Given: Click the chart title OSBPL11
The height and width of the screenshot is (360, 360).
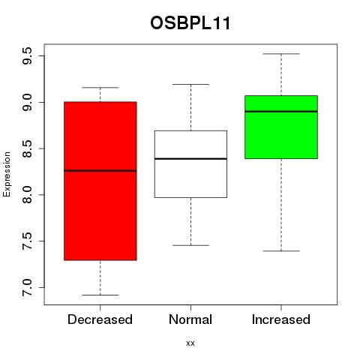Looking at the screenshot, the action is point(190,23).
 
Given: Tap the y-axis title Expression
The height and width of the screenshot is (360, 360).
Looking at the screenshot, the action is point(7,174).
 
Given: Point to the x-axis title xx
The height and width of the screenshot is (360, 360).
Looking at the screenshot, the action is point(190,343).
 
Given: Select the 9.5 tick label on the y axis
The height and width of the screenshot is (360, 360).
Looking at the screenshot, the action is point(27,56).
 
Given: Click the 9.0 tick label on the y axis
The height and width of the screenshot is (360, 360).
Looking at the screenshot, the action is point(27,102).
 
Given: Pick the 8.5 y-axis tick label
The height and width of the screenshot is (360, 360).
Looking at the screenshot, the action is point(27,148).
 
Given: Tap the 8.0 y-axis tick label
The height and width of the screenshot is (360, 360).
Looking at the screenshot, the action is point(27,195).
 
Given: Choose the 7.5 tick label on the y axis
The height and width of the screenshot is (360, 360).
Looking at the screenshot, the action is point(27,241).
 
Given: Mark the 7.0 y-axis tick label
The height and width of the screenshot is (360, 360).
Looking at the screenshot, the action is point(27,287).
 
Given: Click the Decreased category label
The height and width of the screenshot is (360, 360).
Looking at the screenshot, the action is point(100,319).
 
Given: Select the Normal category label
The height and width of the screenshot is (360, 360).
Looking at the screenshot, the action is point(190,319).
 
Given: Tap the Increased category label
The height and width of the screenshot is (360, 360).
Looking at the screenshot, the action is point(281,319).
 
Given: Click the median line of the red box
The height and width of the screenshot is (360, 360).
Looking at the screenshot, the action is point(100,171).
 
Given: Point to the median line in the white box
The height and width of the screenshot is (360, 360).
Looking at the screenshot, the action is point(190,159).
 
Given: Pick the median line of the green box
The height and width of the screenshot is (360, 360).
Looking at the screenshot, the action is point(281,112).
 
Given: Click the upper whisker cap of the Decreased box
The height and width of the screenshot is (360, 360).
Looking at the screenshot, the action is point(100,88).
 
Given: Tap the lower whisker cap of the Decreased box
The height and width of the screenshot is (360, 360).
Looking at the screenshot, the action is point(100,295).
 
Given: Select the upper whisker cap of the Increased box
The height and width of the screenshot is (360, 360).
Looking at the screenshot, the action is point(281,54).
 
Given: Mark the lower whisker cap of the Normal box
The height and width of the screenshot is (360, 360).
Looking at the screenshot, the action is point(190,245).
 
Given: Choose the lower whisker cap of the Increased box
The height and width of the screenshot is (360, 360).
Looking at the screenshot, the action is point(281,250).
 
